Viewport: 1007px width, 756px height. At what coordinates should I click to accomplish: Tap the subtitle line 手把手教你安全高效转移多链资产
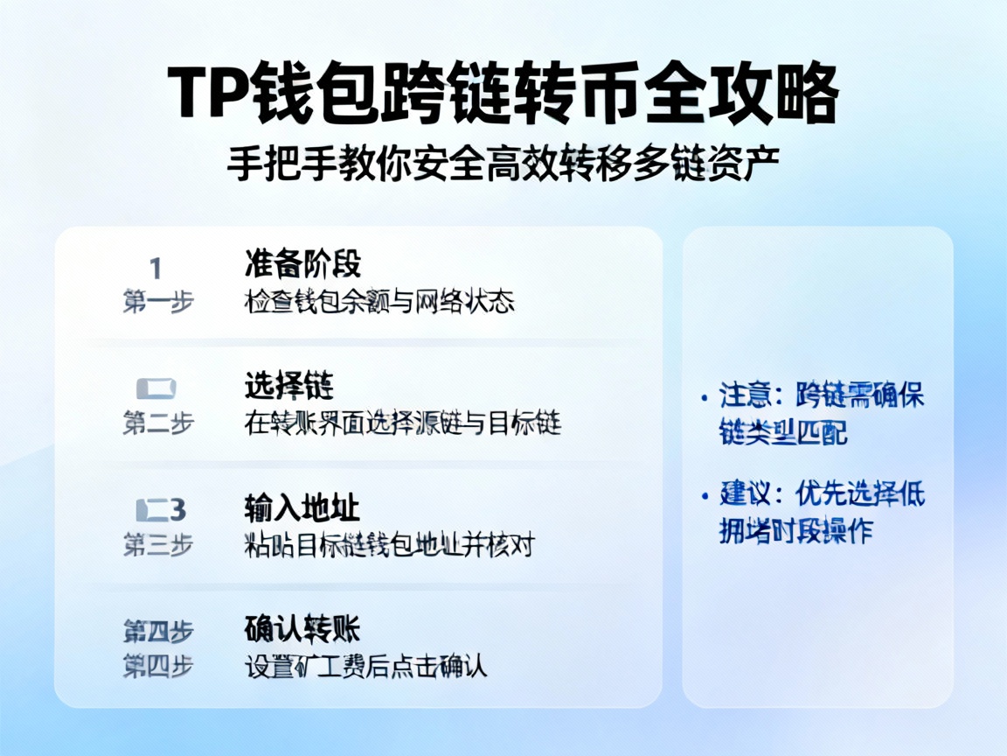coord(503,164)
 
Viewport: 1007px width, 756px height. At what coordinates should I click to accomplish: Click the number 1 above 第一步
coord(156,268)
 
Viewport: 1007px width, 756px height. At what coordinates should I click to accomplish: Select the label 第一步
coord(157,302)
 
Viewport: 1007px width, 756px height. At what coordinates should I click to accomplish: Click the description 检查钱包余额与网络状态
coord(378,302)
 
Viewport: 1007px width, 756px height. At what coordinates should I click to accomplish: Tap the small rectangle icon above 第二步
coord(157,388)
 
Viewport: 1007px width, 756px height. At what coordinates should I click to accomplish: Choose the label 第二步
coord(157,423)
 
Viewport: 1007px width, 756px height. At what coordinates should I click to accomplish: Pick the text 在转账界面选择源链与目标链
coord(402,423)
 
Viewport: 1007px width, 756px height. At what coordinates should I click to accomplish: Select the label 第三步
coord(157,545)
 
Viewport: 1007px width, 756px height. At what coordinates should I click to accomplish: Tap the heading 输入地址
coord(302,508)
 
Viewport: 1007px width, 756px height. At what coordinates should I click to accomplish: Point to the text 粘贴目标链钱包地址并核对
coord(388,546)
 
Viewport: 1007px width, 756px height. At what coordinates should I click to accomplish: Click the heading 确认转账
coord(302,628)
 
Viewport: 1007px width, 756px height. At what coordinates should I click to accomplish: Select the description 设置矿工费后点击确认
coord(365,667)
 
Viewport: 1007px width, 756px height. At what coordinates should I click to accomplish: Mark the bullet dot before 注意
coord(705,397)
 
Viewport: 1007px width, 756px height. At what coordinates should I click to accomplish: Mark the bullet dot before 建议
coord(705,496)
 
